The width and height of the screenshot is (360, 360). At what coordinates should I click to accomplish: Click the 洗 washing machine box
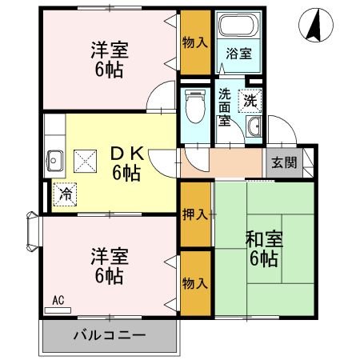tap(250, 101)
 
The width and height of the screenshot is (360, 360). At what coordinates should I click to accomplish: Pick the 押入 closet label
tap(196, 214)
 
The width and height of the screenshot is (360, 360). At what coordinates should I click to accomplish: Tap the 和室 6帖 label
tap(262, 249)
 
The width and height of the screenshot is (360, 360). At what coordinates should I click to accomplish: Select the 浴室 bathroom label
tap(238, 54)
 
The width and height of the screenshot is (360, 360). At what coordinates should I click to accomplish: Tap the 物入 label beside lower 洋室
tap(196, 282)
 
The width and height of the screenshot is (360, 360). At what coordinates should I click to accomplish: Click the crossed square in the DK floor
tap(85, 161)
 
